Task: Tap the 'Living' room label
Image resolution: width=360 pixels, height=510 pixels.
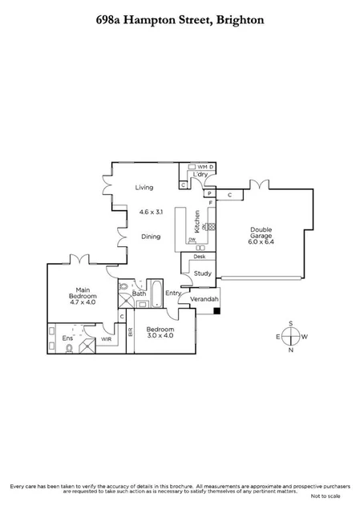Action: tap(144, 188)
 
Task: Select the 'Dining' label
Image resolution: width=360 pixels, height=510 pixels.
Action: tap(151, 237)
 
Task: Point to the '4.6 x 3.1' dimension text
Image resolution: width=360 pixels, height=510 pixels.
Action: tap(150, 212)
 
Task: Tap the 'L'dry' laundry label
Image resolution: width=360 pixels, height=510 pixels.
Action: tap(200, 175)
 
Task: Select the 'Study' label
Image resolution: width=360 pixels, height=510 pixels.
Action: tap(202, 273)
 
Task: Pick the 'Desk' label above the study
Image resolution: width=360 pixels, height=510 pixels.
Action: tap(200, 257)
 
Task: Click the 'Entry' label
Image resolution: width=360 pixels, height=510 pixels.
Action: tap(173, 293)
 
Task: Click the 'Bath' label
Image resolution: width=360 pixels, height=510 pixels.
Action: tap(139, 293)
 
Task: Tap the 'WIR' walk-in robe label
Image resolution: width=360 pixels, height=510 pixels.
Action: tap(106, 339)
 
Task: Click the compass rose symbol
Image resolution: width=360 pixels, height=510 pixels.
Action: tap(291, 337)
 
